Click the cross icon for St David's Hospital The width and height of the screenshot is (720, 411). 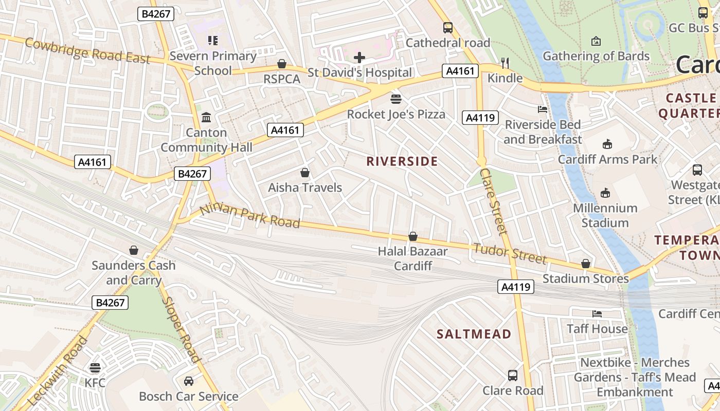(359, 58)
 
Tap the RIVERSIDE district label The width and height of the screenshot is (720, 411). (402, 161)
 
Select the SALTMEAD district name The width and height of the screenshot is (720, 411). (474, 334)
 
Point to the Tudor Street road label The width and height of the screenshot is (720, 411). (509, 253)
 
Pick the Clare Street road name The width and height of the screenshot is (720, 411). (493, 201)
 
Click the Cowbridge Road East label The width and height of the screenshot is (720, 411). (87, 51)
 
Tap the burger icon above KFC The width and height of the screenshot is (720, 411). (95, 368)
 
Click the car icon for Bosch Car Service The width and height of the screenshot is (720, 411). (189, 381)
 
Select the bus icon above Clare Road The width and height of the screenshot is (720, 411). (513, 376)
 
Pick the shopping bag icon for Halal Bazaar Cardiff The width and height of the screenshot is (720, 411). (412, 236)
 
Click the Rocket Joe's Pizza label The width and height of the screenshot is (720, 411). (396, 114)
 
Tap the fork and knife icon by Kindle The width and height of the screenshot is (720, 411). (505, 63)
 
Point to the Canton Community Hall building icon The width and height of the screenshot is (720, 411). (206, 118)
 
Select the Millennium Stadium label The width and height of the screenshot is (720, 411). (605, 215)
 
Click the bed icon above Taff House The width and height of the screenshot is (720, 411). (597, 313)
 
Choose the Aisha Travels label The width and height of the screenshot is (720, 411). (305, 188)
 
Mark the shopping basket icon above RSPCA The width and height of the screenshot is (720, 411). (282, 64)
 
